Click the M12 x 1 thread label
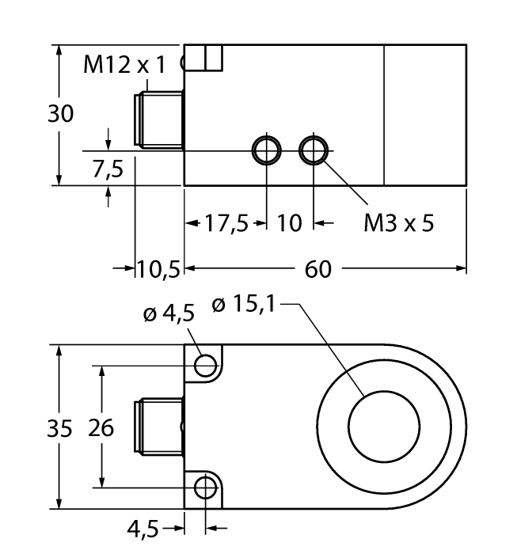(x=125, y=65)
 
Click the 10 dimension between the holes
(x=290, y=224)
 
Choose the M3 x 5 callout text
(x=398, y=224)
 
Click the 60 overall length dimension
(x=317, y=269)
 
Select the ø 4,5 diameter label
(x=168, y=314)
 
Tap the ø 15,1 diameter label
(x=245, y=303)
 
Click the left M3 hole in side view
(x=266, y=149)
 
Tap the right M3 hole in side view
(x=314, y=149)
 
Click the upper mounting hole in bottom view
(x=206, y=365)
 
